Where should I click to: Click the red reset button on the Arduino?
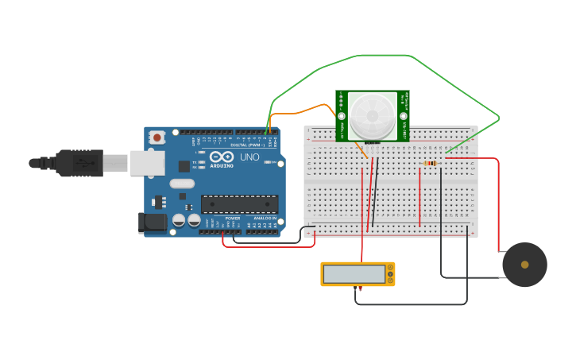(157, 137)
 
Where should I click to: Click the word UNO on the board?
(249, 157)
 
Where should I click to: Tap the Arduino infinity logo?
(222, 156)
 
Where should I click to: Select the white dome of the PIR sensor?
(372, 114)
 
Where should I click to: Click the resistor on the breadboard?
(430, 163)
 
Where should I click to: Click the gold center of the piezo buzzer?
(524, 265)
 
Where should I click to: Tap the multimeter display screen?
(354, 274)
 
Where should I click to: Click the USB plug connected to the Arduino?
(79, 163)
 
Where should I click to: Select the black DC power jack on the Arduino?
(153, 223)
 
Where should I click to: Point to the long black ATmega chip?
(239, 204)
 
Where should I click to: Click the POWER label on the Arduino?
(232, 218)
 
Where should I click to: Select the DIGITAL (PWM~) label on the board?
(246, 145)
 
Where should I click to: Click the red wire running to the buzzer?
(497, 199)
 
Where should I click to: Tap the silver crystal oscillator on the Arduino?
(181, 184)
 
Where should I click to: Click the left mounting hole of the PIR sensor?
(342, 116)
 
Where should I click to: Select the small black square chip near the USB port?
(184, 166)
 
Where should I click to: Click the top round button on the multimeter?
(389, 269)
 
